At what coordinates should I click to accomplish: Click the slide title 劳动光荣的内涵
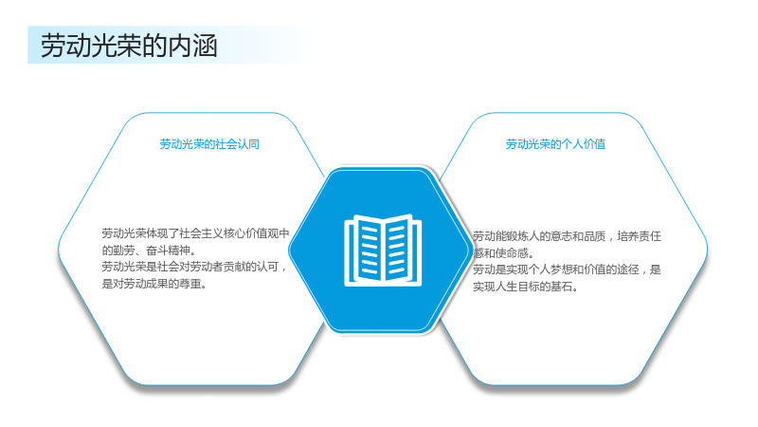(x=129, y=46)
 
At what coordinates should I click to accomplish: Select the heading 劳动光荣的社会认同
(x=209, y=144)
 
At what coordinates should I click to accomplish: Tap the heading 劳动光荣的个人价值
(x=555, y=144)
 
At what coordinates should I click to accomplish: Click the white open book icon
(x=383, y=251)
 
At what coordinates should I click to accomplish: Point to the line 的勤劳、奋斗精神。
(x=149, y=251)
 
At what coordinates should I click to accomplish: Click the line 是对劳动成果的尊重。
(x=154, y=284)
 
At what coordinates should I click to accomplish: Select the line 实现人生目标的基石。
(x=526, y=287)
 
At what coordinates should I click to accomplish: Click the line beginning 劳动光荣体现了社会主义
(x=195, y=233)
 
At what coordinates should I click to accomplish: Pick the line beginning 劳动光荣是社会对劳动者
(x=194, y=267)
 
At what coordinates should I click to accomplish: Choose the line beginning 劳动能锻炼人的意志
(x=567, y=236)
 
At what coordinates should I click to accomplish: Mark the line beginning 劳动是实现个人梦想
(x=567, y=269)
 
